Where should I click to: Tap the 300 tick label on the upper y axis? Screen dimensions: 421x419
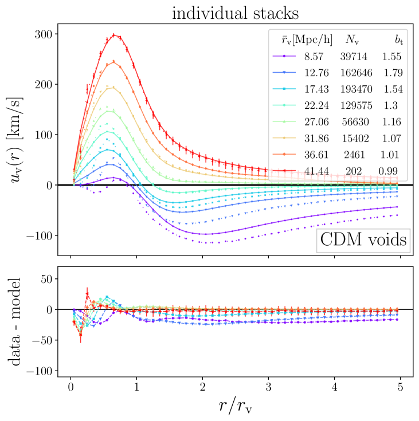point(45,34)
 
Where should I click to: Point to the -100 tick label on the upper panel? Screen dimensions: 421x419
point(40,235)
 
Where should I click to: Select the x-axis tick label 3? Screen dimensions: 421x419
point(268,388)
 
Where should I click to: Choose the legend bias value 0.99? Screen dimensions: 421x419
point(391,170)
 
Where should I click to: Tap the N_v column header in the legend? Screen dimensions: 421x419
point(352,40)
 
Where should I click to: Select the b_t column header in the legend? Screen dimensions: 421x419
point(392,40)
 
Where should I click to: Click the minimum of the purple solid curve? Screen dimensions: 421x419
point(206,234)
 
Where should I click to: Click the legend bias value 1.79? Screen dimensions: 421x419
point(391,73)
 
